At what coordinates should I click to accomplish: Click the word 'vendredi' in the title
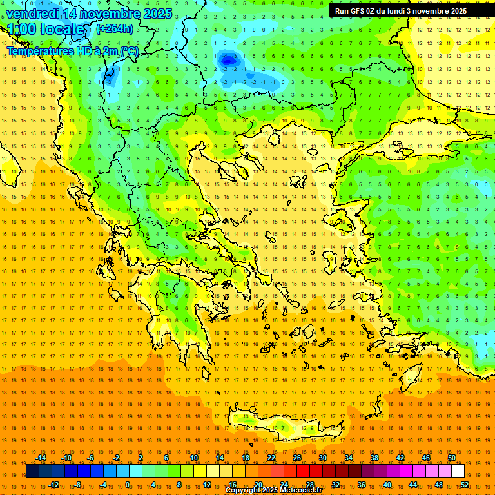(x=32, y=14)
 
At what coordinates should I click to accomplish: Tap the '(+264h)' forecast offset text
(x=115, y=28)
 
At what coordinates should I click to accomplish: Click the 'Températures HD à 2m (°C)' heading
(x=72, y=51)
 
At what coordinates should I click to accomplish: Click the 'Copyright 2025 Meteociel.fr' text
(x=273, y=490)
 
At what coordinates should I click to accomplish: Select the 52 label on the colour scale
(x=465, y=485)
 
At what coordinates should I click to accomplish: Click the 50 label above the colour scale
(x=452, y=458)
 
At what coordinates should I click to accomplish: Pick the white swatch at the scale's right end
(x=458, y=471)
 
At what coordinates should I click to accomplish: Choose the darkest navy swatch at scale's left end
(x=32, y=471)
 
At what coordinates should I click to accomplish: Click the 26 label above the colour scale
(x=297, y=458)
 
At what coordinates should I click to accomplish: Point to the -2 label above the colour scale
(x=117, y=458)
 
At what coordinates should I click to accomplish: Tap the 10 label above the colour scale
(x=194, y=458)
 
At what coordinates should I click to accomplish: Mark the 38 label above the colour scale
(x=374, y=458)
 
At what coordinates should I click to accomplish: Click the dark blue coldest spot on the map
(x=228, y=59)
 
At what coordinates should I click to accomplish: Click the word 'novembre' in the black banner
(x=432, y=11)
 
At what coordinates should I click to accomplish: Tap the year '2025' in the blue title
(x=157, y=14)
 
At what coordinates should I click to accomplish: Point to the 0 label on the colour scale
(x=128, y=485)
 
